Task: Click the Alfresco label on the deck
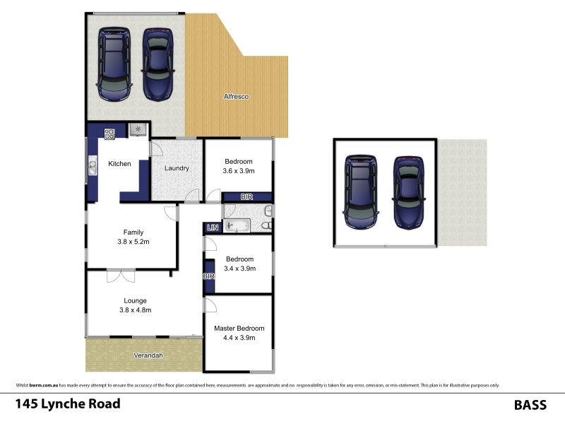point(236,97)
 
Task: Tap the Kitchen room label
point(119,164)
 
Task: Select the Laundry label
point(177,168)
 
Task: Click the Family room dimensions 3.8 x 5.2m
point(133,242)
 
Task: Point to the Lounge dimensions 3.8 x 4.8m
point(136,310)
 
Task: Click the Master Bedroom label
point(239,329)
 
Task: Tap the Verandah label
point(148,355)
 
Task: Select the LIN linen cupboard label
point(213,228)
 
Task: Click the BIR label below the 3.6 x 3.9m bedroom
point(246,197)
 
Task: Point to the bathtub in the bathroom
point(237,226)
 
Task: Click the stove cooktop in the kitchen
point(109,134)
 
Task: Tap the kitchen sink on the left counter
point(93,165)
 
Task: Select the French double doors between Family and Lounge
point(121,276)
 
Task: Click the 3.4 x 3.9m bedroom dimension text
point(239,269)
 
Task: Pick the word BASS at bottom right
point(530,405)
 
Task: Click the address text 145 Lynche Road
point(68,404)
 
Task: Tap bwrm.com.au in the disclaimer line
point(44,385)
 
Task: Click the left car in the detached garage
point(361,192)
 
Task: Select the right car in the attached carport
point(157,64)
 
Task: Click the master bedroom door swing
point(210,305)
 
